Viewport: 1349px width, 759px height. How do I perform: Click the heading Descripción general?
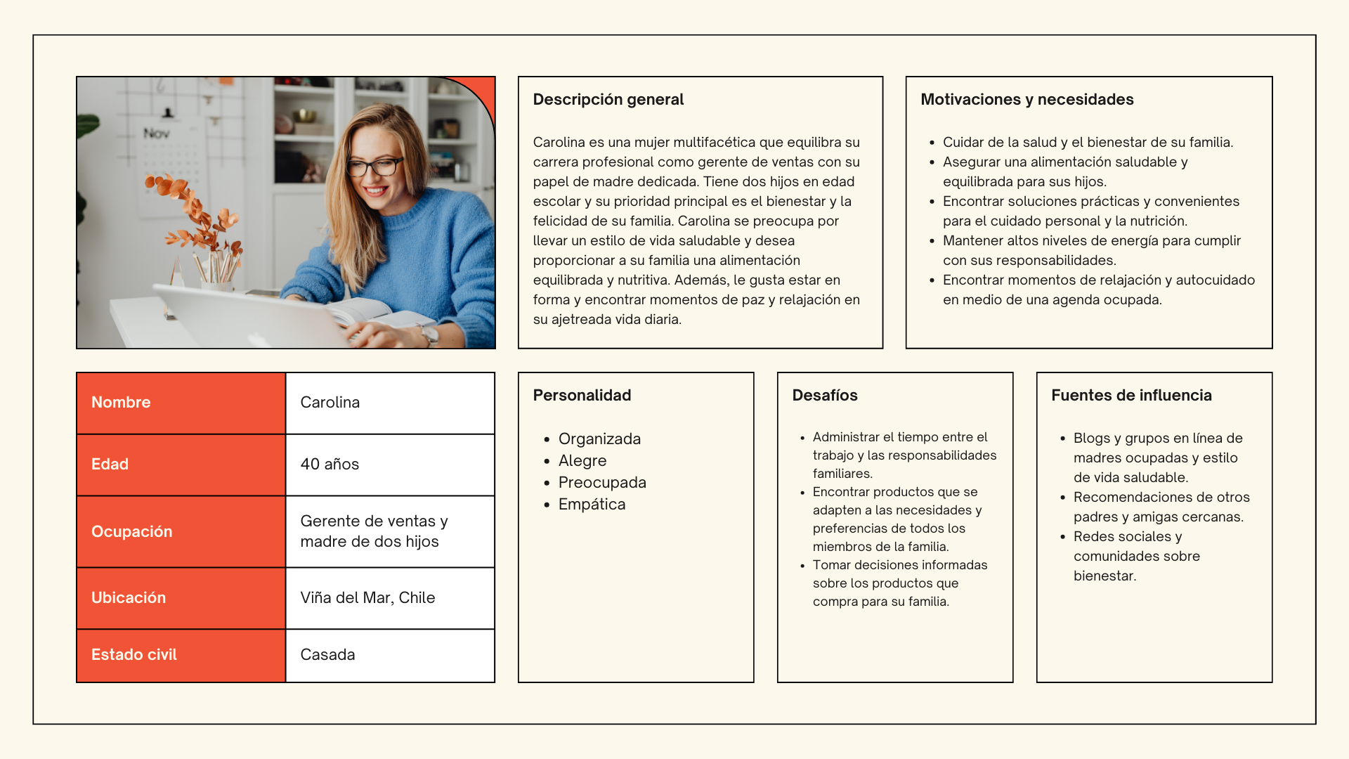coord(608,100)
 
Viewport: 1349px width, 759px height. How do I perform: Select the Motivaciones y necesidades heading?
coord(1027,100)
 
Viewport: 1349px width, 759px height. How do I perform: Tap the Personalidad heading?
coord(582,396)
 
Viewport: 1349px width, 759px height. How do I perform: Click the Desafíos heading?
coord(824,396)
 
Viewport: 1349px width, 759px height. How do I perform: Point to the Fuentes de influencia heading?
coord(1131,396)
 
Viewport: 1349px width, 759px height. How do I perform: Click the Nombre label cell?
coord(181,403)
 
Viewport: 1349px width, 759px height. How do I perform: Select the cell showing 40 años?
coord(390,465)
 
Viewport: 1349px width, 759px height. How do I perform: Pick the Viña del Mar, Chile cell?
coord(390,598)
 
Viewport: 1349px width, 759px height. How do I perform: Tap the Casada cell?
coord(390,655)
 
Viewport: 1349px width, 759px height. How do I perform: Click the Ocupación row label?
coord(181,532)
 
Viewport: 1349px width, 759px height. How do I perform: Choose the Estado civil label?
coord(181,655)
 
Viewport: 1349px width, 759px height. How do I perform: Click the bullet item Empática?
coord(592,505)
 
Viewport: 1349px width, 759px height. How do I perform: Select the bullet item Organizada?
coord(599,439)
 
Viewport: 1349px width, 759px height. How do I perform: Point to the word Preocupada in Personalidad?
coord(602,483)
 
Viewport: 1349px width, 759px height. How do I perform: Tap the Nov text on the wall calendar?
coord(156,133)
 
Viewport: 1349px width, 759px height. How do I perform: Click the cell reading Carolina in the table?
coord(390,403)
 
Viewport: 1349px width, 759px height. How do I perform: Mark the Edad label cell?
coord(181,465)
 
